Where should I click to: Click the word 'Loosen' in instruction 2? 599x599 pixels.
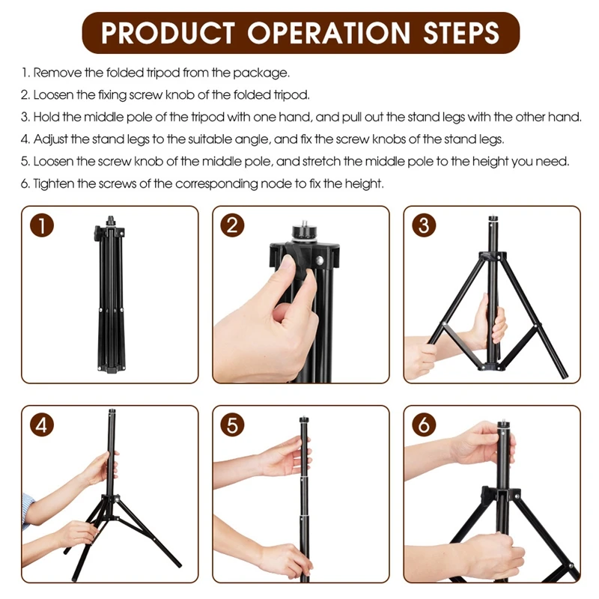[52, 95]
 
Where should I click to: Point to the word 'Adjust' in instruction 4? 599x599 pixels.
[51, 139]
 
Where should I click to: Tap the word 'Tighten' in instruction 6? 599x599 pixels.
[54, 183]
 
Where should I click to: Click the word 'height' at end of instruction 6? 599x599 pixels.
[366, 183]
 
